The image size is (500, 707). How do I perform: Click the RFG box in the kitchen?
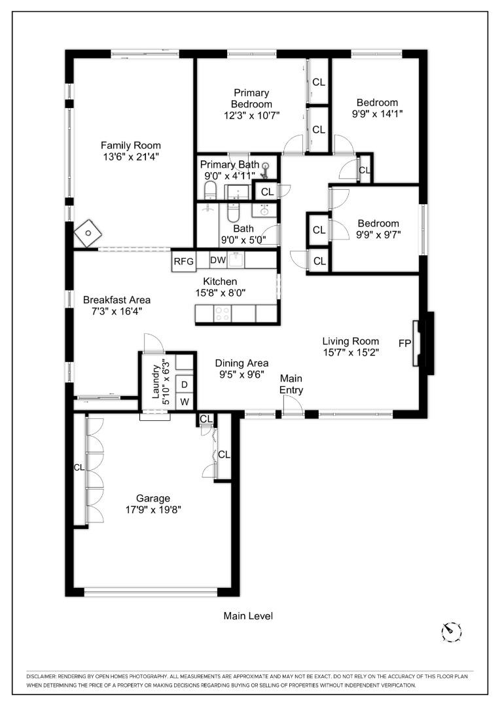183,261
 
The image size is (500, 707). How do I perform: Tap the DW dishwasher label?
218,260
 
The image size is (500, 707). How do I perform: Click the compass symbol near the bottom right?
451,631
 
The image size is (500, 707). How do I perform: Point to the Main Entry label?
291,384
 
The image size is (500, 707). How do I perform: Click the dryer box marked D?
185,384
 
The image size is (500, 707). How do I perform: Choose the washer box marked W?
185,401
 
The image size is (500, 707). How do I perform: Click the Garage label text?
152,498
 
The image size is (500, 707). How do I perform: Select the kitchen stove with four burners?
222,314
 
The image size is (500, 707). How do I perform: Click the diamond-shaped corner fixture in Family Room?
87,232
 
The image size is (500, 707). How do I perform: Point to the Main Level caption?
248,616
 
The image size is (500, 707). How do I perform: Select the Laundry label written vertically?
156,382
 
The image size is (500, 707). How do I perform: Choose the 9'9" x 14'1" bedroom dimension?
377,113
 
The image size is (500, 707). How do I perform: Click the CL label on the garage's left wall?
79,467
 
